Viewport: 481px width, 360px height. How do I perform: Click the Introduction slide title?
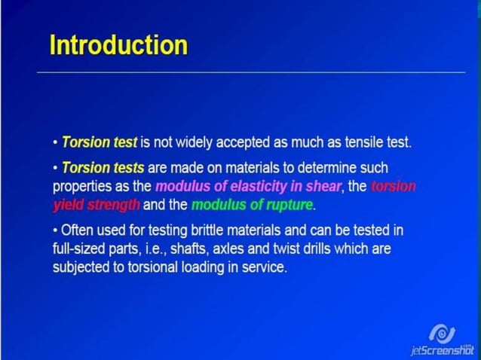[x=118, y=45]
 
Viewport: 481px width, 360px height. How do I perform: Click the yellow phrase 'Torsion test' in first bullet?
[x=100, y=142]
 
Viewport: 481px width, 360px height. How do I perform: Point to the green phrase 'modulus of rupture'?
[x=252, y=204]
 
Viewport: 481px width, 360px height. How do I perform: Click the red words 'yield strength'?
[x=96, y=204]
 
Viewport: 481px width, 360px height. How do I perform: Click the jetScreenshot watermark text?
[x=440, y=350]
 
